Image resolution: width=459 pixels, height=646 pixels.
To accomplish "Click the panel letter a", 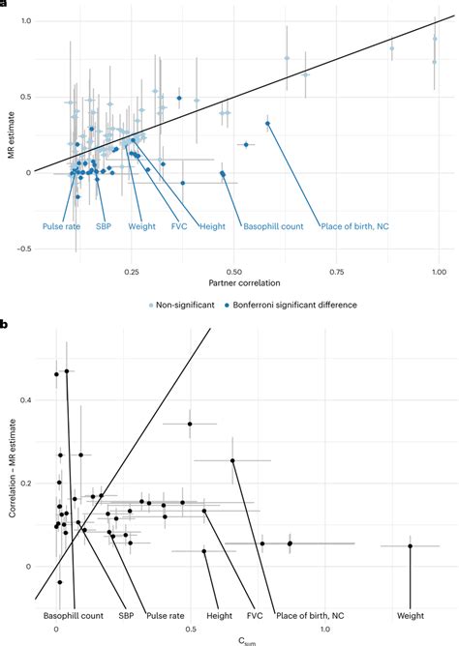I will coord(5,5).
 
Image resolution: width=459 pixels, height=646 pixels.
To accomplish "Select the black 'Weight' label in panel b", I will coord(413,614).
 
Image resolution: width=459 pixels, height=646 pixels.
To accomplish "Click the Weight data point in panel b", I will coord(410,546).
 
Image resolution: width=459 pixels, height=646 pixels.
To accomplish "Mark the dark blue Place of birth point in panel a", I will coord(267,124).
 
